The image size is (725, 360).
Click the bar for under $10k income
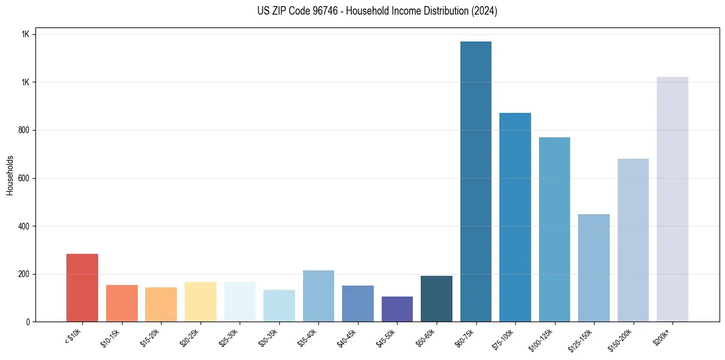tap(82, 287)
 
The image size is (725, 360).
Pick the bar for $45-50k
tap(397, 309)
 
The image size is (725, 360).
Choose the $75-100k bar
tap(515, 217)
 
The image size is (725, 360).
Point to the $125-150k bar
tap(594, 268)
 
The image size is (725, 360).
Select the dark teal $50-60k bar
tap(437, 298)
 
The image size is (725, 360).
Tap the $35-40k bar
tap(318, 296)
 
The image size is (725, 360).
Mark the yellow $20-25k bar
tap(201, 301)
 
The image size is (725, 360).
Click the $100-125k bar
tap(554, 229)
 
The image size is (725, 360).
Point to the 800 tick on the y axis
tap(24, 130)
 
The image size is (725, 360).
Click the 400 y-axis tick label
tap(24, 226)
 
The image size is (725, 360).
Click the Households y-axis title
tap(10, 175)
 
